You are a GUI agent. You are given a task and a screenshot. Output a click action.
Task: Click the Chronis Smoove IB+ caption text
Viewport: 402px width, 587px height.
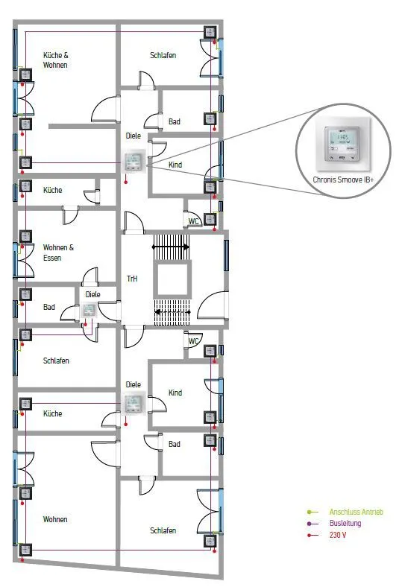(343, 180)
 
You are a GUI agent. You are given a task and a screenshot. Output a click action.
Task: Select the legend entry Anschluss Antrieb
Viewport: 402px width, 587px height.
(356, 512)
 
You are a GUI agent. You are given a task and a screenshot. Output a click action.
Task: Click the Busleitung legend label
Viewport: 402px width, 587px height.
(345, 523)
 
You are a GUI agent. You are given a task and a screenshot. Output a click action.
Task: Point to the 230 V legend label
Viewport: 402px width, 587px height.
(338, 535)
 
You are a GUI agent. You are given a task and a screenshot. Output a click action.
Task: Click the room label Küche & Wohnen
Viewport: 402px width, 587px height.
(55, 60)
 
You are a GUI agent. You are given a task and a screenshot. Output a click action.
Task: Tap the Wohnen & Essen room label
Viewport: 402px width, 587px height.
(58, 253)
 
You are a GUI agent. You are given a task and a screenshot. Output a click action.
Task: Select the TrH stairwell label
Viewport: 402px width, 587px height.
(132, 279)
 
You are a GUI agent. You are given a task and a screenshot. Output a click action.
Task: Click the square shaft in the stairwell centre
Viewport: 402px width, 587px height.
(172, 279)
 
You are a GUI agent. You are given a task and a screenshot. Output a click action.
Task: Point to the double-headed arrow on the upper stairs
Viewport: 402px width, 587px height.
(171, 247)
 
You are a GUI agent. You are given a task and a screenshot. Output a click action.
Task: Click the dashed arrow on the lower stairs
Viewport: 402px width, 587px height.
(173, 312)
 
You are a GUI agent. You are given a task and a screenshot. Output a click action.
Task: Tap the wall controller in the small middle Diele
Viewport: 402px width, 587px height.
(89, 311)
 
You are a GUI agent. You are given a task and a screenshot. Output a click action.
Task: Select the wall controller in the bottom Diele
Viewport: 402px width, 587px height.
(134, 403)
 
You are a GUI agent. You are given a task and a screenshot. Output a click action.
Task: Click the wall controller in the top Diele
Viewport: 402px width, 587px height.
(134, 162)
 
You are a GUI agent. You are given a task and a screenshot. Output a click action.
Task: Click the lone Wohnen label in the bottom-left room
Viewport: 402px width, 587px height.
(55, 519)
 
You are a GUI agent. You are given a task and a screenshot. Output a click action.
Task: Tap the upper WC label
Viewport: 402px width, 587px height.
(193, 221)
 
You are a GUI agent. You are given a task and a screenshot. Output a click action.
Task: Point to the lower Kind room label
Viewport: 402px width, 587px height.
(175, 393)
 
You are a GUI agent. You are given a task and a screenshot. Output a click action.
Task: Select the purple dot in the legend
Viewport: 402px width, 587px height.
(309, 524)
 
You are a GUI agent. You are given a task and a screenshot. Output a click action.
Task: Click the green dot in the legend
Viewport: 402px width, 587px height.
(309, 512)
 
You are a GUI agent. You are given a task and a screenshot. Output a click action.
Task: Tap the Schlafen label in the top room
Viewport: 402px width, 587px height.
(163, 55)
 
